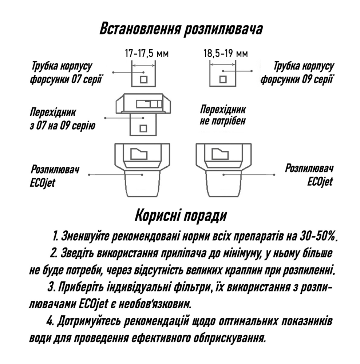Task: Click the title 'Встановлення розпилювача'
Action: click(x=181, y=29)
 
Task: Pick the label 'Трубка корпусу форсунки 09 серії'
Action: click(x=297, y=72)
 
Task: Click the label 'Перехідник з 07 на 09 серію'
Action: click(x=62, y=118)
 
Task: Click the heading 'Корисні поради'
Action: click(x=181, y=215)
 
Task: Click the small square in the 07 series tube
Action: click(x=143, y=79)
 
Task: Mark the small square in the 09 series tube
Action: click(x=222, y=79)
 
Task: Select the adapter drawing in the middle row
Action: click(x=143, y=113)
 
